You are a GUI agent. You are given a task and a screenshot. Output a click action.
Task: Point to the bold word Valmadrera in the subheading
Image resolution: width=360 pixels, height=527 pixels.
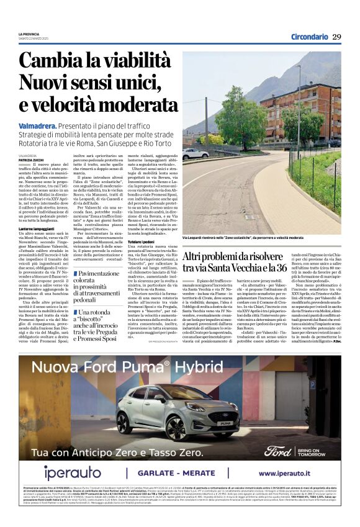coord(39,126)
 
